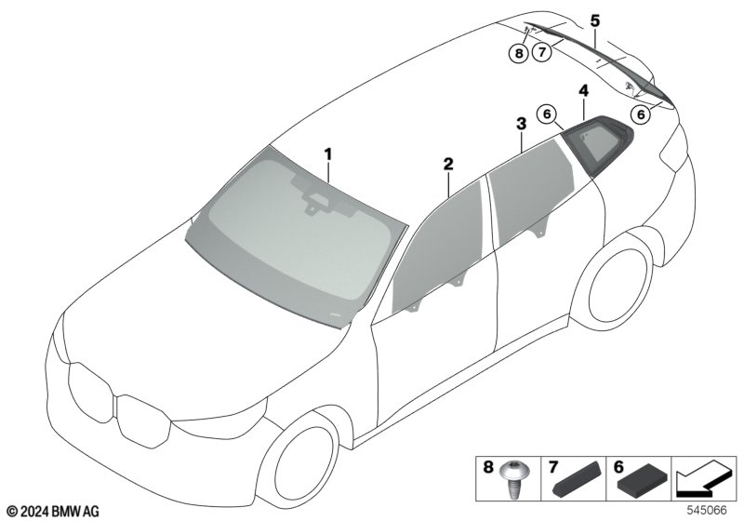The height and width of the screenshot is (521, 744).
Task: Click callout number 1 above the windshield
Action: [x=327, y=152]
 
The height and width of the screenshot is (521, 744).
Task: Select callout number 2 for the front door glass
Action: [x=448, y=165]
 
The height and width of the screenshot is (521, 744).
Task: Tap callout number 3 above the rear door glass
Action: [x=521, y=123]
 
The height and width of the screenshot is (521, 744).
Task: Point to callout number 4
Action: [x=583, y=90]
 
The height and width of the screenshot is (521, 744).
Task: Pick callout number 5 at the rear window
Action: [x=595, y=20]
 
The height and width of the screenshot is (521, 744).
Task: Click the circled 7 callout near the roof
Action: [x=543, y=52]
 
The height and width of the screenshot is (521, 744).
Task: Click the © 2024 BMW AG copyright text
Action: [x=52, y=511]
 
